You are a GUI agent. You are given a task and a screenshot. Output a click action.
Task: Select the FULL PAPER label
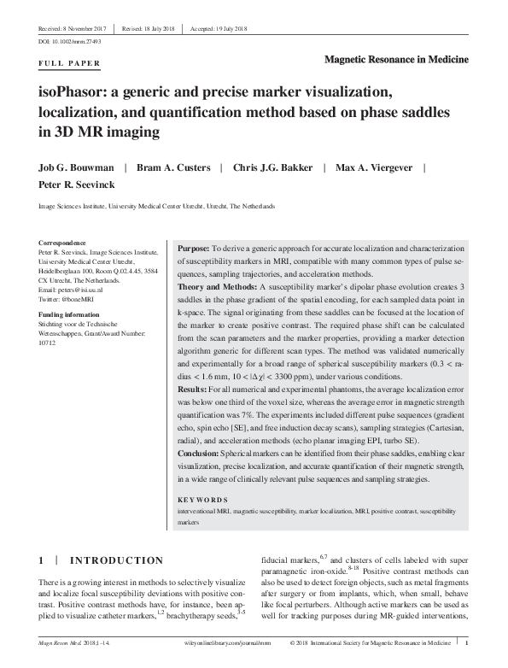click(70, 63)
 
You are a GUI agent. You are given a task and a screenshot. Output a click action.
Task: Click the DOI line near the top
click(69, 40)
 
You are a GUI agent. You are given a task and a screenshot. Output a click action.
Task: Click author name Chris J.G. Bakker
click(272, 167)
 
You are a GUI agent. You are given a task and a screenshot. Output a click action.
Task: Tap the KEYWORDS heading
click(202, 499)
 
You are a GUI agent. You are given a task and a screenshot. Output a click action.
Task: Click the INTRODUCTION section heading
click(116, 560)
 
